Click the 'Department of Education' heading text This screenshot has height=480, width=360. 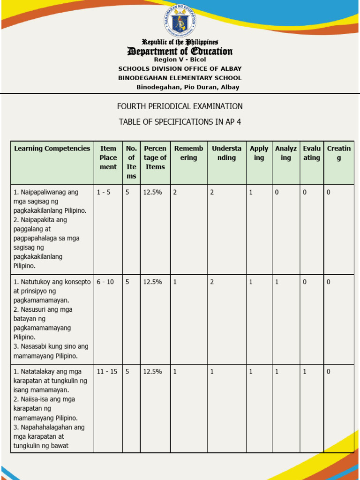(180, 51)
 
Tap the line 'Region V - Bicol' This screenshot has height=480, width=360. (180, 60)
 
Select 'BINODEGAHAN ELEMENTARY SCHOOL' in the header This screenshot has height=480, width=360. (180, 78)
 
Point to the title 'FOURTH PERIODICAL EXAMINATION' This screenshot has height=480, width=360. (180, 106)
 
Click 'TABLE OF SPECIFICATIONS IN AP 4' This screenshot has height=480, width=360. (180, 122)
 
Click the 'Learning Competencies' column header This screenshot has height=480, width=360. (52, 149)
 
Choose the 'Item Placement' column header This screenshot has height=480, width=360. (108, 157)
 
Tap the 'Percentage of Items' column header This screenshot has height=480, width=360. (155, 157)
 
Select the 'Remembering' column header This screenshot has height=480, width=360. (188, 153)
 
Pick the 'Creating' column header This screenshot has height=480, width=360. (338, 153)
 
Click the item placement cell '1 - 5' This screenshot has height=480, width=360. (104, 192)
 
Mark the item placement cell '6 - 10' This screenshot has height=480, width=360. (105, 282)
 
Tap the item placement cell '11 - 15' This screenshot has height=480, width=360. (107, 371)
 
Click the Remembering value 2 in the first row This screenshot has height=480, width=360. (175, 192)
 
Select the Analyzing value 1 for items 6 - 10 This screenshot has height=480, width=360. (277, 282)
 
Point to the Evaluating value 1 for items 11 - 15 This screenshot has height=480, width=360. (305, 371)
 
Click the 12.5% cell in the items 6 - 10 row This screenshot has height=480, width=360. (153, 282)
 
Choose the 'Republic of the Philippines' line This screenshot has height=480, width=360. (180, 42)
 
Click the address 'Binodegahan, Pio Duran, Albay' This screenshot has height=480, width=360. (187, 87)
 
